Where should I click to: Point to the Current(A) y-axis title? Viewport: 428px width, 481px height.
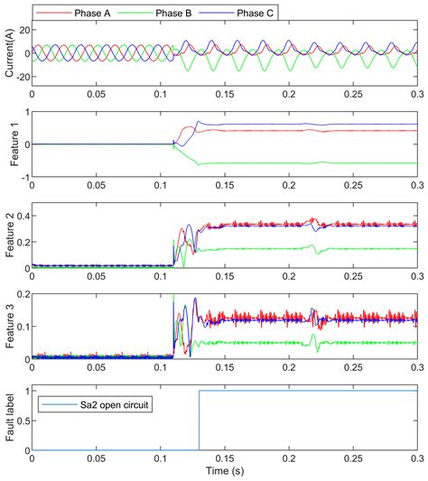tap(8, 54)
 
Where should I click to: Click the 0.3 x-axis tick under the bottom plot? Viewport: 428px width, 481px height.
tap(416, 459)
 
